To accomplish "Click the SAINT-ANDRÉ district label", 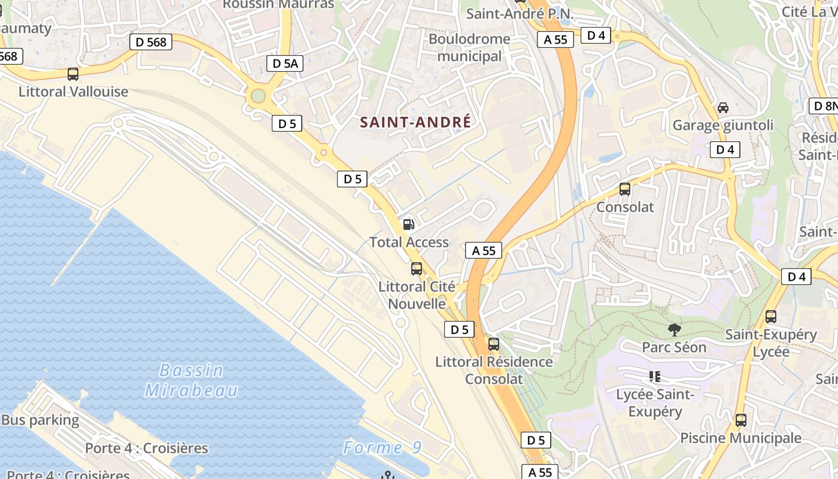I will [415, 122].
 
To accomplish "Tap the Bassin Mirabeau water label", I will [192, 380].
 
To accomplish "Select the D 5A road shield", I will [284, 63].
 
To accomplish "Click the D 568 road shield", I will [151, 42].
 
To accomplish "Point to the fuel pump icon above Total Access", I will [409, 225].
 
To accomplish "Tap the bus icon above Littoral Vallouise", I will [73, 75].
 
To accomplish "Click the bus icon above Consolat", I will [625, 190].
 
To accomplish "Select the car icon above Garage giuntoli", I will [723, 108].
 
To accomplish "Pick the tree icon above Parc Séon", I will [674, 329].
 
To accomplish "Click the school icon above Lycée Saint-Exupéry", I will [655, 377].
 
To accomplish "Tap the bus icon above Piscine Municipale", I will [741, 420].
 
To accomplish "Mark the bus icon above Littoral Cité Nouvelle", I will [417, 269].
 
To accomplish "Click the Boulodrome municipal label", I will [470, 48].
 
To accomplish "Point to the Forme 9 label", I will [382, 448].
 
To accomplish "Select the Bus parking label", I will [40, 420].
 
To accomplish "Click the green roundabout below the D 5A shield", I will [258, 96].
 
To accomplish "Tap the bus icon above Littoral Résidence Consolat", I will [494, 344].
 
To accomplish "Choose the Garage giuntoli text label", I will [723, 126].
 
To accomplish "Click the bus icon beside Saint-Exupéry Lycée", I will [771, 317].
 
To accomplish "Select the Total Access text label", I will [409, 242].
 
